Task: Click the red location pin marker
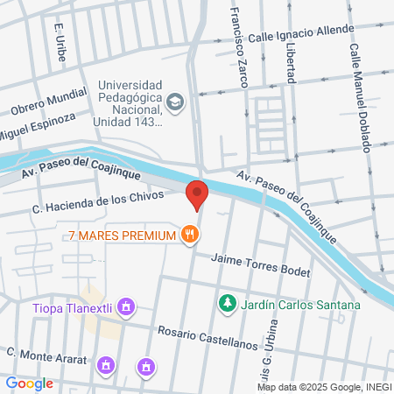pyautogui.click(x=198, y=193)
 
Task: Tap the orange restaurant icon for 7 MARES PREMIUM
pyautogui.click(x=189, y=235)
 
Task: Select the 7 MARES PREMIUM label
pyautogui.click(x=120, y=235)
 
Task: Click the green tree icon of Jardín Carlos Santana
pyautogui.click(x=227, y=303)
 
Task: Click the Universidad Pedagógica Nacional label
pyautogui.click(x=131, y=103)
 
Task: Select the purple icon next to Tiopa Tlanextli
pyautogui.click(x=127, y=306)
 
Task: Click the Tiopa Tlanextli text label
pyautogui.click(x=74, y=307)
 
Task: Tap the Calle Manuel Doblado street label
pyautogui.click(x=360, y=95)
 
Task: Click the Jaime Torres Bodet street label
pyautogui.click(x=262, y=265)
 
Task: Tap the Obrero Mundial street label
pyautogui.click(x=47, y=101)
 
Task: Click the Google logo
pyautogui.click(x=29, y=383)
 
